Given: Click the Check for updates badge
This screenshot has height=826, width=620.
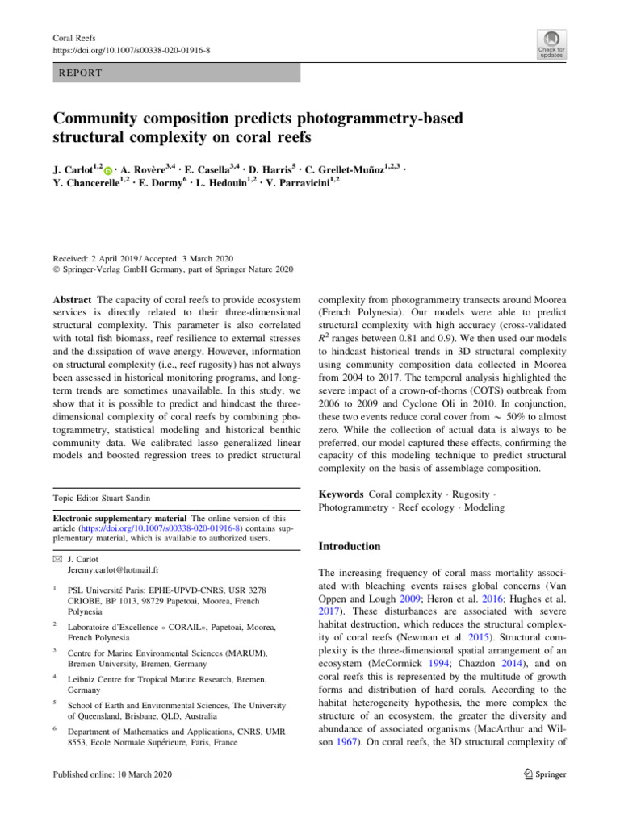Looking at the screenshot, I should tap(551, 44).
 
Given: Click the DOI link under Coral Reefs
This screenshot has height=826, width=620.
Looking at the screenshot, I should tap(131, 50).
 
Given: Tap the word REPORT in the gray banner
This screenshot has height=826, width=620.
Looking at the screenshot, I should tap(79, 73).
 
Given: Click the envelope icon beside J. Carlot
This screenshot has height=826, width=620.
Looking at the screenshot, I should tap(57, 557).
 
